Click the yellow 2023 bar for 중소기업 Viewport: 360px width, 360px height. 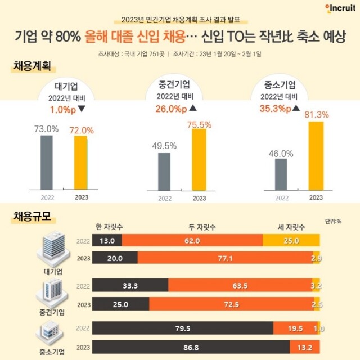[x=316, y=156]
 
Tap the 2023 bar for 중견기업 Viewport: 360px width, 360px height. [x=199, y=160]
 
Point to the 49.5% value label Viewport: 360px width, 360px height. [x=164, y=146]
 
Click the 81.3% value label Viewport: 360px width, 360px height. [x=317, y=114]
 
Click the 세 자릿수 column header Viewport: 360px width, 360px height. [x=291, y=227]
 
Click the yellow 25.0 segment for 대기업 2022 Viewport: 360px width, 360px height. [x=291, y=241]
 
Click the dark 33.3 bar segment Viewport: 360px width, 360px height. [x=130, y=285]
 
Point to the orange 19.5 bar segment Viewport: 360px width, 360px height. [x=295, y=328]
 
